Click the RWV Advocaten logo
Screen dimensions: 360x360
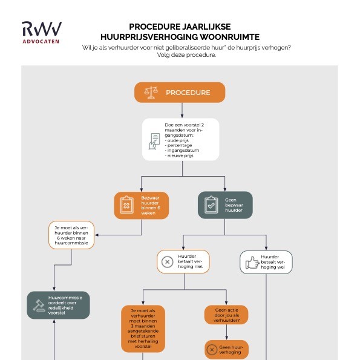(x=42, y=33)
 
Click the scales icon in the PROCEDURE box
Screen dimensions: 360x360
(x=151, y=93)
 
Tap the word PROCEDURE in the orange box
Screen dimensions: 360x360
(x=188, y=93)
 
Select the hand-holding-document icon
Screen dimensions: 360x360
(x=154, y=141)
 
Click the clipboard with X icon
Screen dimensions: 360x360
(x=126, y=205)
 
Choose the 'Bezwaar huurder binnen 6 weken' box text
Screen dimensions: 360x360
(x=151, y=205)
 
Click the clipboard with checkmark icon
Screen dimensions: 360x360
(x=211, y=205)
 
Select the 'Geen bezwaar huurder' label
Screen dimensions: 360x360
(x=234, y=205)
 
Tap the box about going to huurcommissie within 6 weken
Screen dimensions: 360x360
(x=71, y=235)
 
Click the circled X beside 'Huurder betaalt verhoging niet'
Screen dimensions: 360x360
(x=168, y=262)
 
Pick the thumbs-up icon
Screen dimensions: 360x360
(x=252, y=263)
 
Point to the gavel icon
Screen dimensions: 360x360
(x=39, y=306)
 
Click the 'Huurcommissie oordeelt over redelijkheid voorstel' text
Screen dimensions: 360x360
(x=65, y=305)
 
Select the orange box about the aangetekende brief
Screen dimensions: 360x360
(x=143, y=329)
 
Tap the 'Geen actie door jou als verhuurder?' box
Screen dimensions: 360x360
(x=226, y=315)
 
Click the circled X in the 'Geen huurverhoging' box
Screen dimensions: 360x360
(x=212, y=350)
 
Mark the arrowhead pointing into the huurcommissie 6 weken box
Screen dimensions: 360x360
(x=97, y=235)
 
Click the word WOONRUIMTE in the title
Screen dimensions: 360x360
(x=229, y=37)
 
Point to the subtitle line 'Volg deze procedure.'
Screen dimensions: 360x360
(x=187, y=55)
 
